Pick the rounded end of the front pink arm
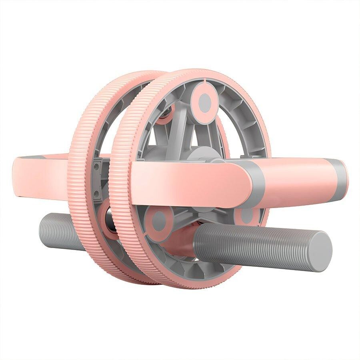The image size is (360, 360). coord(240,184)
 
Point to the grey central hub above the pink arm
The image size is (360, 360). coord(200,154)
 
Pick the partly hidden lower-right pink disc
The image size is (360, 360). coord(246,216)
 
